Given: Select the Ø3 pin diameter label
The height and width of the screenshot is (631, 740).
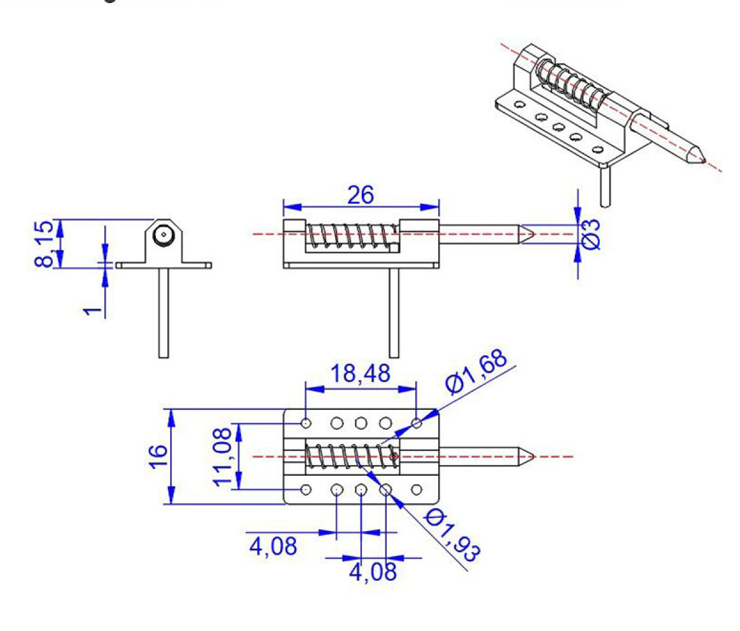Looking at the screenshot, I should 591,234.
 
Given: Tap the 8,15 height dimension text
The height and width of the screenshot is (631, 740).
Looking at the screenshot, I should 43,243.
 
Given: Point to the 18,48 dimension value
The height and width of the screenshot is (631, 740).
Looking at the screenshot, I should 360,373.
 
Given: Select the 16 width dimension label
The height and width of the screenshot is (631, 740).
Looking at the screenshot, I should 159,457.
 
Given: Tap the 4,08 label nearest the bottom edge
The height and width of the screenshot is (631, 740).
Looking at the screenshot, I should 372,571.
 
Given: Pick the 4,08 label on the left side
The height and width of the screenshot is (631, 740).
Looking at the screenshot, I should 273,547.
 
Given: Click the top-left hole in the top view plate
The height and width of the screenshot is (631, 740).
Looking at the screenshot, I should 306,423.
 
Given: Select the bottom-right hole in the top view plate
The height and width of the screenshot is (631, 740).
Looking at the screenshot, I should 417,489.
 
